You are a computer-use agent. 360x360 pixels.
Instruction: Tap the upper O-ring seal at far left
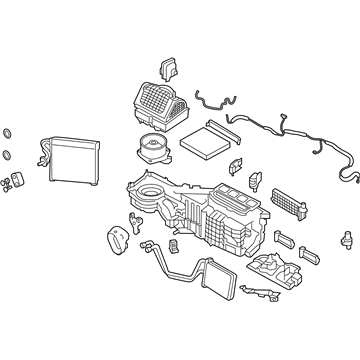7,134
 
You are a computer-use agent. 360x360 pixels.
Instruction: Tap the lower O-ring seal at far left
7,155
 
